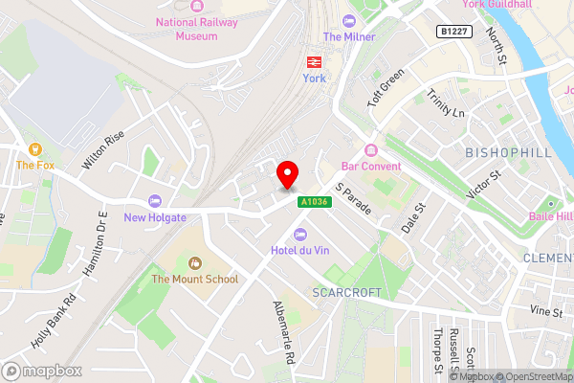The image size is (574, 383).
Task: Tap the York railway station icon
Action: click(x=313, y=61)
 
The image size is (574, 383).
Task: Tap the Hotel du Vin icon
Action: click(x=300, y=235)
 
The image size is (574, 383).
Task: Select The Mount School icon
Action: click(x=196, y=262)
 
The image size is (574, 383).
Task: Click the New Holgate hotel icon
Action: click(x=153, y=201)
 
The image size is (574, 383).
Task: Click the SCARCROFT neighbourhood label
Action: click(x=346, y=292)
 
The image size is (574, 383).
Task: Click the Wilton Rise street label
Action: click(x=103, y=150)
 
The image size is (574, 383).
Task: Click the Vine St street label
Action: click(x=546, y=311)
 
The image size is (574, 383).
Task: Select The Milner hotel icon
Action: click(x=348, y=20)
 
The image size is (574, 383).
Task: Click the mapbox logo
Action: click(x=41, y=371)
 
